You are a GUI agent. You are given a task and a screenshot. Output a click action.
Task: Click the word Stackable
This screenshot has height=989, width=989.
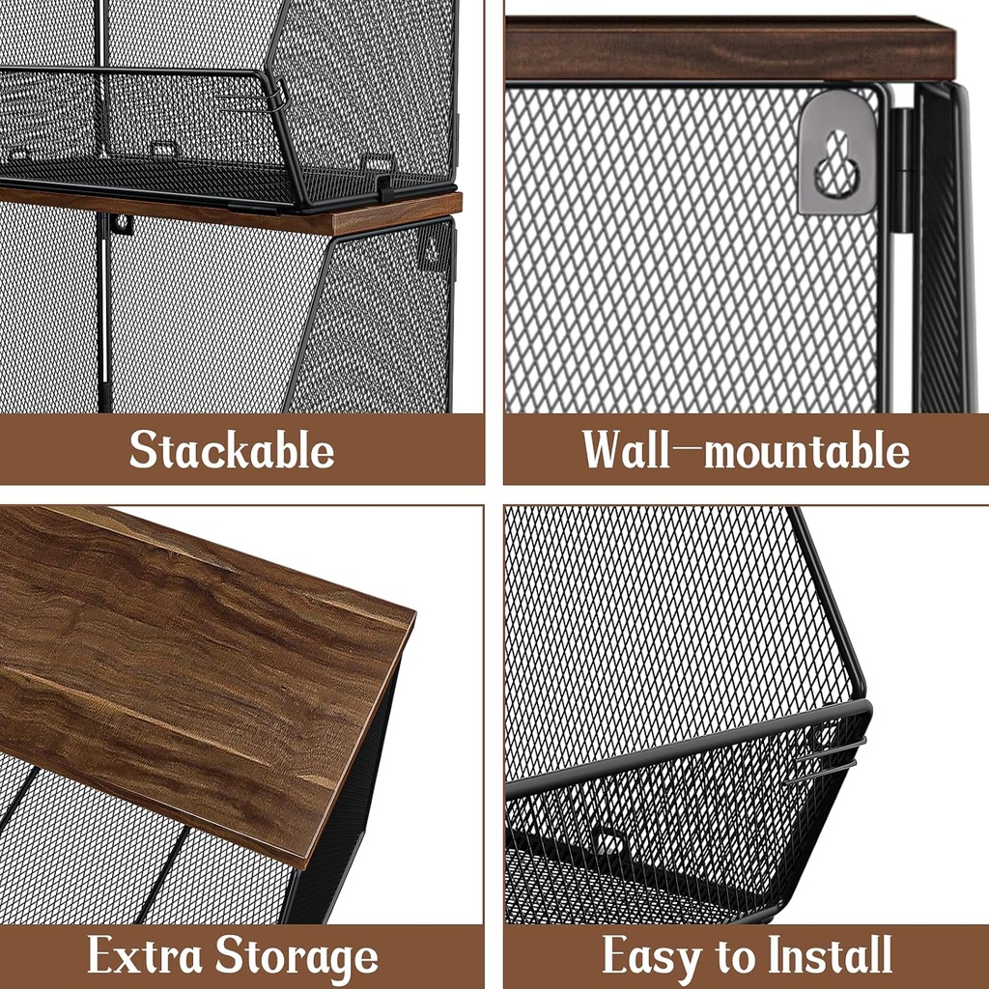pos(232,450)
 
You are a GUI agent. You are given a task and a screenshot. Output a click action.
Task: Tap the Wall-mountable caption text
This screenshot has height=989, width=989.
pos(745,450)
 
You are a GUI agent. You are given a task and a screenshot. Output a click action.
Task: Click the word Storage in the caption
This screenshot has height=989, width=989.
pos(297,957)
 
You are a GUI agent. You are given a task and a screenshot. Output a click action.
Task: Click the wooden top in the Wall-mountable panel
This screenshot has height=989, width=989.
pos(729,48)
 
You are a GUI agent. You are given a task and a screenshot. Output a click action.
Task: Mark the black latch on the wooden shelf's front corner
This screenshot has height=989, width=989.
pos(385,188)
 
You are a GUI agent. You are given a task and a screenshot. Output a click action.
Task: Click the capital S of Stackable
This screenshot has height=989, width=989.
pos(144,450)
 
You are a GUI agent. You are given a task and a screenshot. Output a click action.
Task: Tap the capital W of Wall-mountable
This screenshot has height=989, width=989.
pos(606,450)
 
